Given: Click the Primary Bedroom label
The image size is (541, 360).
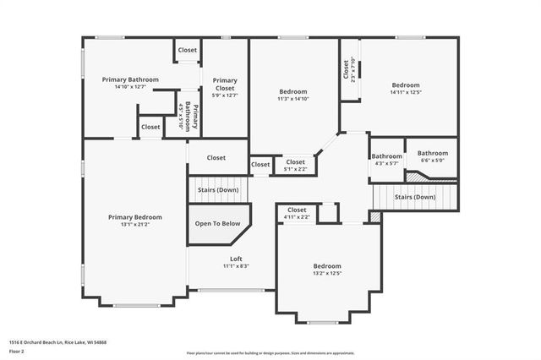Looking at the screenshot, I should [135, 217].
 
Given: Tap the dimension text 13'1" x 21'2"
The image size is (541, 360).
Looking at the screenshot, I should [135, 225].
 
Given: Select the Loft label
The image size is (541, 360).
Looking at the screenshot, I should [236, 259].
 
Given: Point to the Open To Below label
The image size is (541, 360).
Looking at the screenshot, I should [218, 224].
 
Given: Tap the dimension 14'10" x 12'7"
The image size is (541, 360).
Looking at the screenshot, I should [130, 86].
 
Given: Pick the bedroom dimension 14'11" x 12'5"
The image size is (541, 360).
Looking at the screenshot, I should [405, 92].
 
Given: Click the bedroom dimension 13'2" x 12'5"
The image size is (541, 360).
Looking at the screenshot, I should [327, 273].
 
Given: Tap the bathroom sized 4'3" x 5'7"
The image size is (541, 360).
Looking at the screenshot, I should [386, 163].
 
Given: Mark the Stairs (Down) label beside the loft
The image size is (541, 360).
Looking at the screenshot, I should [218, 190].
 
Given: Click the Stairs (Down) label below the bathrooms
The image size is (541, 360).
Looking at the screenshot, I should [415, 197].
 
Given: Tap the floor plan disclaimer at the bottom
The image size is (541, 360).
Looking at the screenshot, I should [270, 353].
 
